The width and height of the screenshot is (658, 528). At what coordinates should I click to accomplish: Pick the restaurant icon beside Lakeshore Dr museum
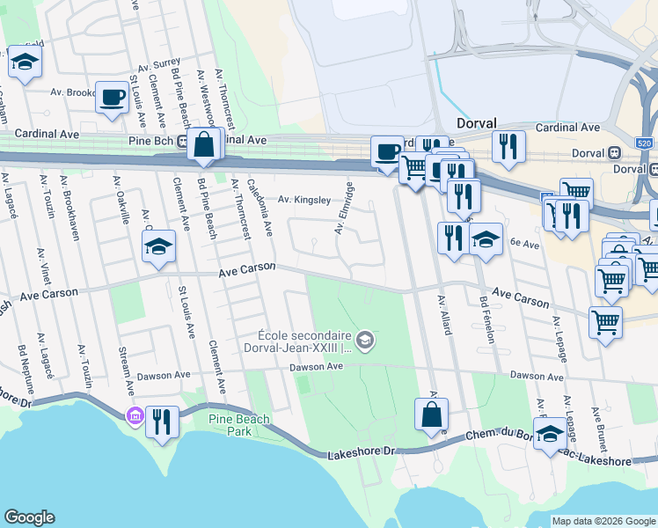tap(161, 421)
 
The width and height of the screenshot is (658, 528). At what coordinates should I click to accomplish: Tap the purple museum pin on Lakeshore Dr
tap(135, 415)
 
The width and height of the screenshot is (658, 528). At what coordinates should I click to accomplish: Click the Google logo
tap(29, 517)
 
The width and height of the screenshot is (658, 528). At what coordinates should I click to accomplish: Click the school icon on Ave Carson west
tap(158, 246)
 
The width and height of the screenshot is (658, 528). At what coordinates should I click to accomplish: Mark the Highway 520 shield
tap(644, 142)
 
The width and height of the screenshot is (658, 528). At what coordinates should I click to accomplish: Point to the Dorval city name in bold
tap(477, 123)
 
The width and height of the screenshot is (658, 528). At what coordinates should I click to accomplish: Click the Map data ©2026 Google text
tap(603, 521)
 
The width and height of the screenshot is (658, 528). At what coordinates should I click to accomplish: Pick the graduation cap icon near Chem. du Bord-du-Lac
tap(550, 433)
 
